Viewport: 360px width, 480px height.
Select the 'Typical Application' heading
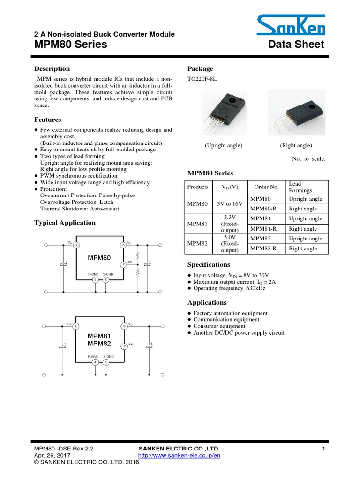coord(65,223)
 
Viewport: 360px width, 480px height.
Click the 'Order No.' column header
coord(266,187)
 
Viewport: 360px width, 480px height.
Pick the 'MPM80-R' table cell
coord(264,209)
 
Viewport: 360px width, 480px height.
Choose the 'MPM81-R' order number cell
coord(264,229)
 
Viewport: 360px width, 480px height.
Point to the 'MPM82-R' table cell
coord(264,248)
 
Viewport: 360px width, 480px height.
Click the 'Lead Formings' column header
coord(300,187)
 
